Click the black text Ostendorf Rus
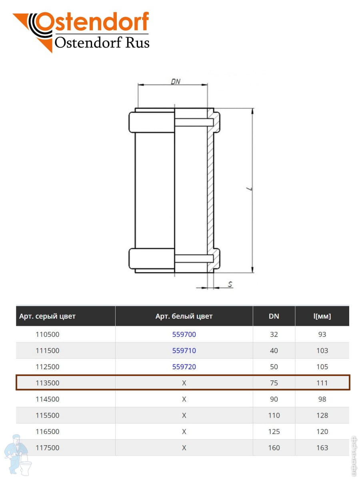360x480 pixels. click(x=102, y=42)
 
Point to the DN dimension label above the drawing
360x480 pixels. click(x=176, y=82)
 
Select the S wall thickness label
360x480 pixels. click(x=230, y=284)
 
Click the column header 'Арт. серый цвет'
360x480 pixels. click(x=47, y=316)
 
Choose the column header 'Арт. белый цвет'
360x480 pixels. click(x=184, y=316)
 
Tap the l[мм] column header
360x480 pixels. click(x=322, y=316)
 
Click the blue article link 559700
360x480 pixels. click(x=184, y=334)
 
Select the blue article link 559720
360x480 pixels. click(x=184, y=367)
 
